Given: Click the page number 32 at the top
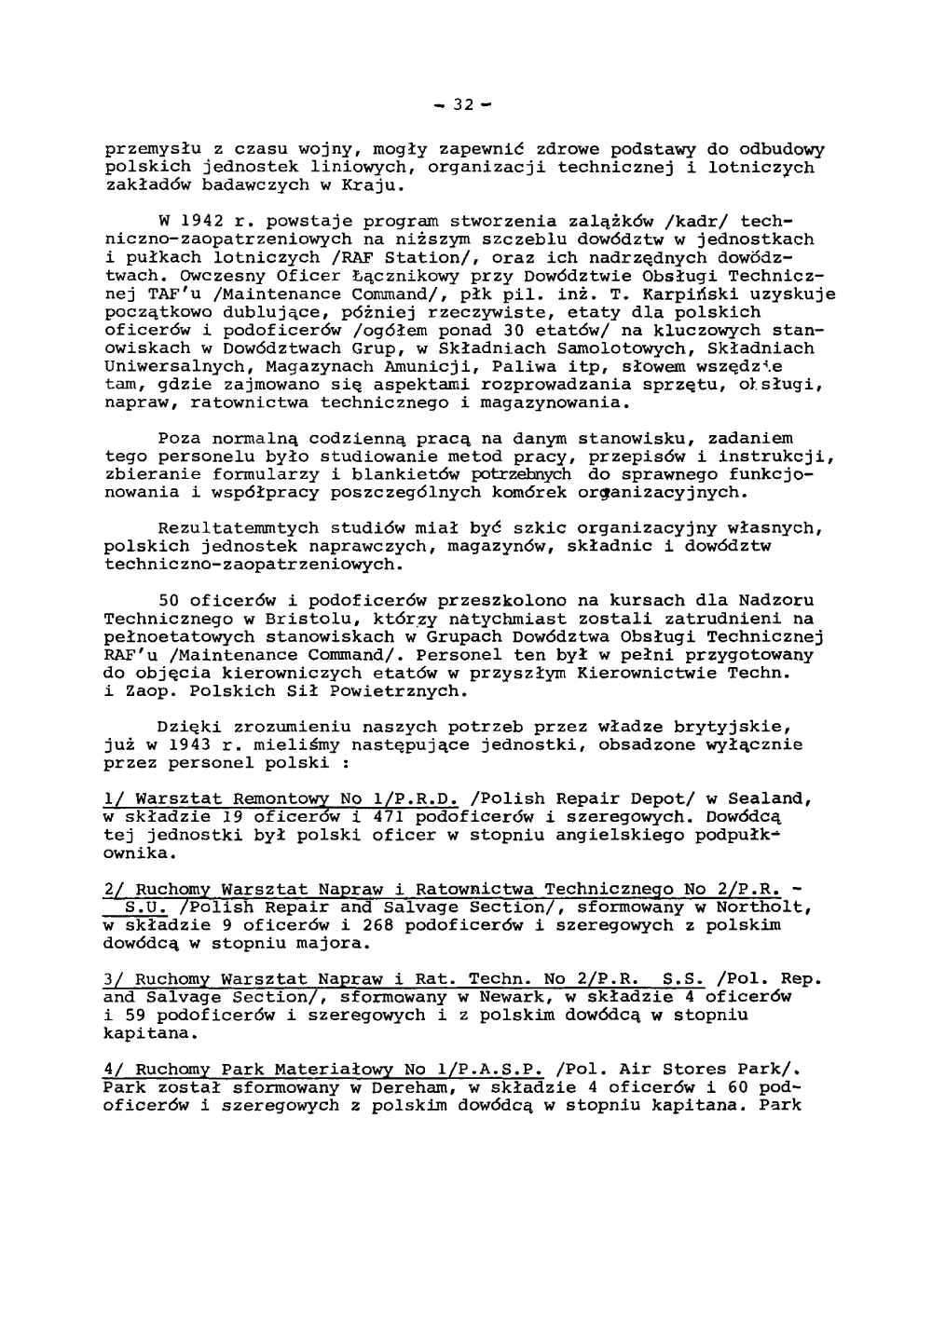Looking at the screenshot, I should point(464,104).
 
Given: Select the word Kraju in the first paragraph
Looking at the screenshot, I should point(373,185).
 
